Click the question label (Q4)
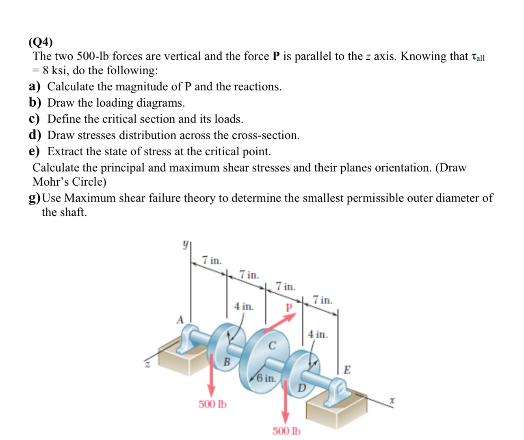[x=41, y=42]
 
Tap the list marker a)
[x=35, y=87]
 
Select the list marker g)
[x=35, y=198]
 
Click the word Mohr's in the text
[x=51, y=182]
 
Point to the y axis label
[x=185, y=245]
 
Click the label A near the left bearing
[x=180, y=320]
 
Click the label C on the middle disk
[x=272, y=346]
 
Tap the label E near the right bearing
[x=347, y=369]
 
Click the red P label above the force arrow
[x=289, y=307]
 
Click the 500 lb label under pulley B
[x=212, y=404]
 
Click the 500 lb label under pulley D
[x=286, y=431]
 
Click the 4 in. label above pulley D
[x=318, y=335]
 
